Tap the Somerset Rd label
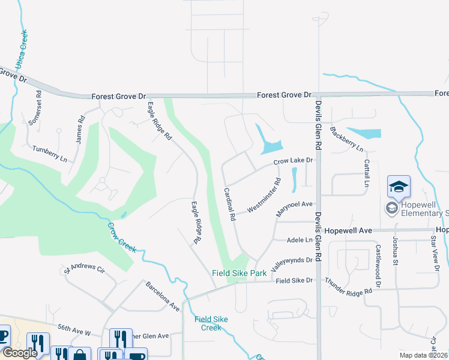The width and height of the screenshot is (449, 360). pyautogui.click(x=35, y=107)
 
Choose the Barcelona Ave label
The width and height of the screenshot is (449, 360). pyautogui.click(x=163, y=296)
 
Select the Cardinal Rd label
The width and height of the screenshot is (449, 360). pyautogui.click(x=229, y=204)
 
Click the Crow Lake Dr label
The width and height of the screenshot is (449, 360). pyautogui.click(x=294, y=161)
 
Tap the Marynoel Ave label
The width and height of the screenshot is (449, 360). pyautogui.click(x=295, y=208)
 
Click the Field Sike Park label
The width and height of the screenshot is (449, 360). pyautogui.click(x=239, y=273)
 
